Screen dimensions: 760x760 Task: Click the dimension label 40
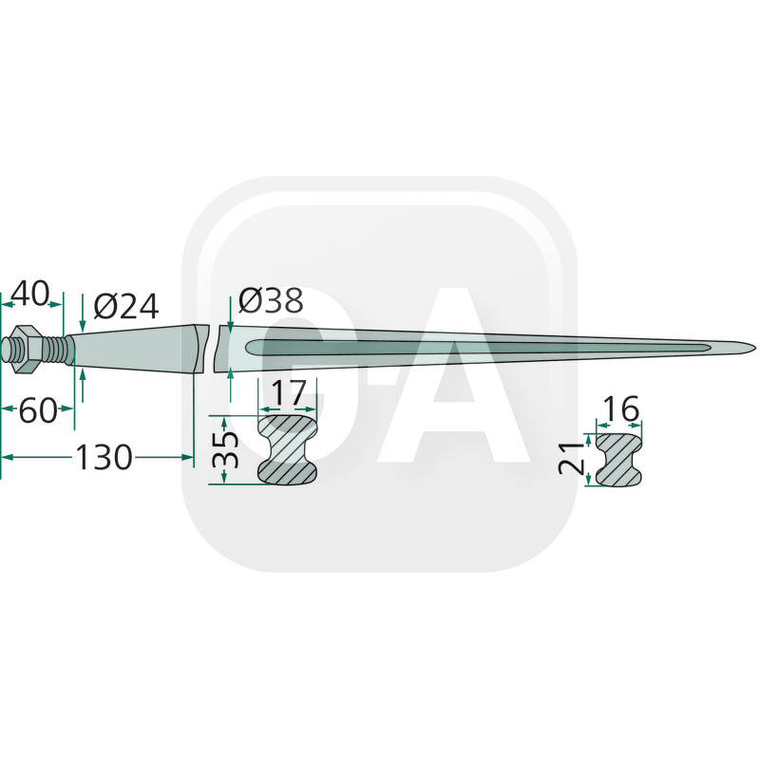click(x=30, y=294)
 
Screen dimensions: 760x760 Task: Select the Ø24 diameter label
click(x=126, y=307)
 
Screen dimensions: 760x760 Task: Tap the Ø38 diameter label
click(x=271, y=300)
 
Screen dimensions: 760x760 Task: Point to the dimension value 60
click(x=38, y=410)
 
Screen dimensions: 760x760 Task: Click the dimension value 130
click(x=104, y=457)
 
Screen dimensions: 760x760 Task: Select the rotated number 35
click(x=225, y=449)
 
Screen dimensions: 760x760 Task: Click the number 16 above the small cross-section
click(x=622, y=408)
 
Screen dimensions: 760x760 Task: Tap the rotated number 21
click(x=572, y=457)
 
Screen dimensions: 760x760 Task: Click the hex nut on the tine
click(x=27, y=349)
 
